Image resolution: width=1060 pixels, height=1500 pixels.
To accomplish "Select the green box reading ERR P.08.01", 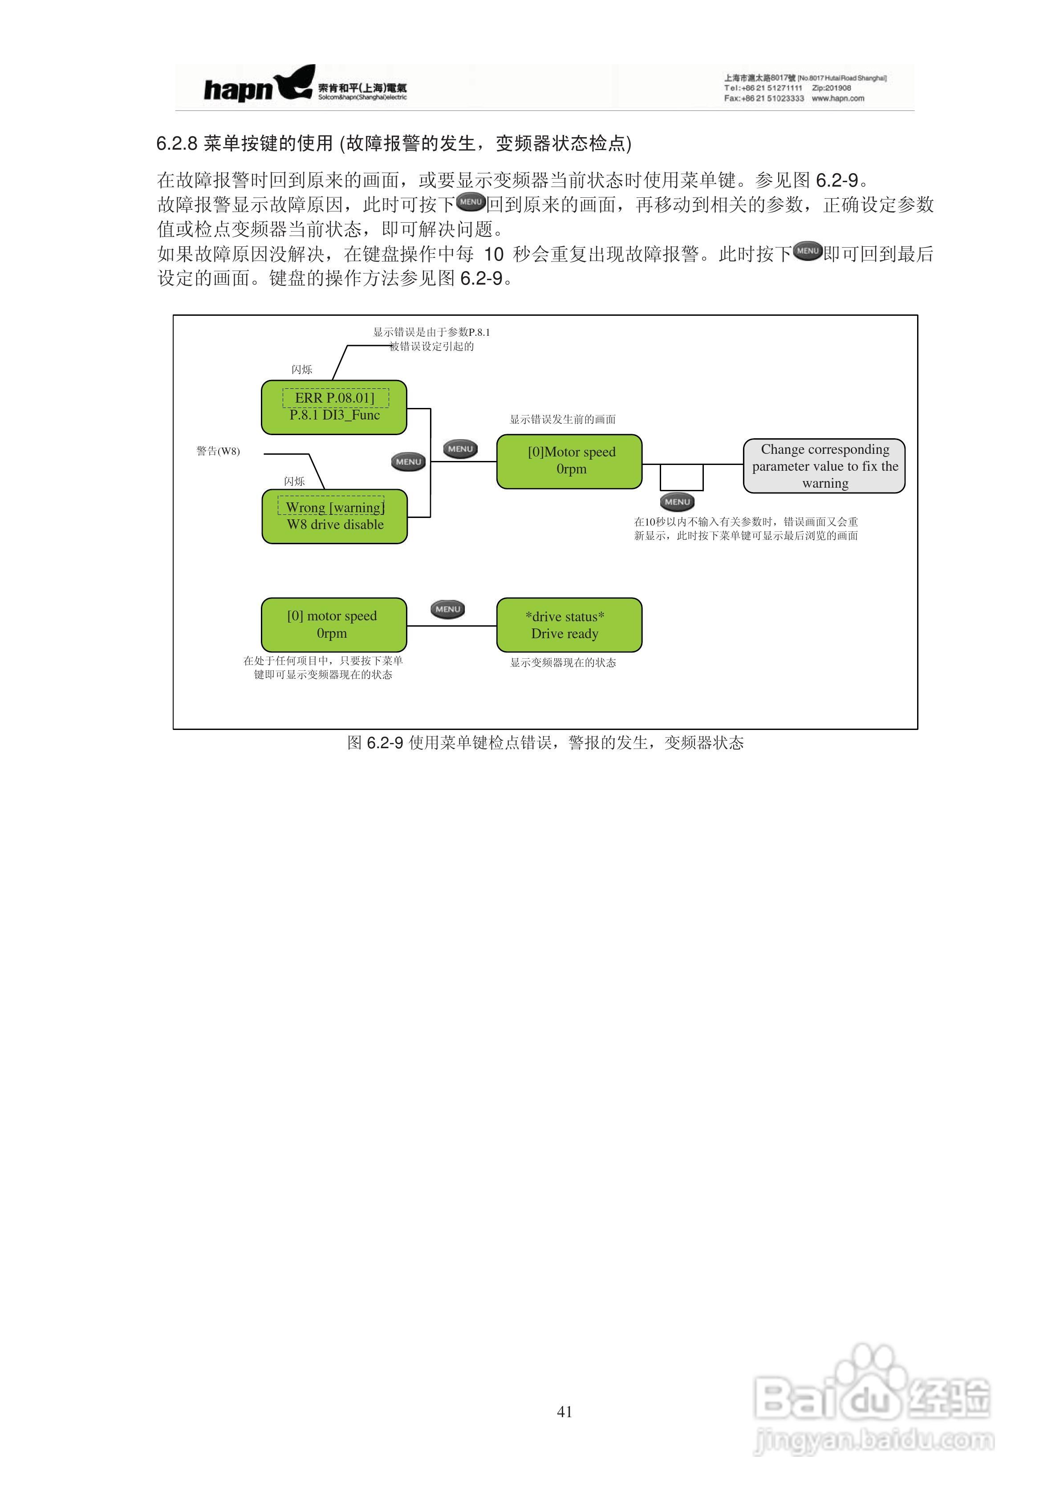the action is coord(334,407).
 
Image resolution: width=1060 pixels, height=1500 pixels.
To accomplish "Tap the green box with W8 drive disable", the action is coord(334,516).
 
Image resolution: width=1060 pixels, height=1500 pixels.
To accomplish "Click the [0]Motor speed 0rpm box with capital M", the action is coord(569,461).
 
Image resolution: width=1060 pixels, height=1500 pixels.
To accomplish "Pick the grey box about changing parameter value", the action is coord(824,466).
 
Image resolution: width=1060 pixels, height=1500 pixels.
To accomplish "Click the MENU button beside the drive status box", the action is coord(448,609).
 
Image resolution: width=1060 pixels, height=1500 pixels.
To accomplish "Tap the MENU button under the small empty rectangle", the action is coord(677,502).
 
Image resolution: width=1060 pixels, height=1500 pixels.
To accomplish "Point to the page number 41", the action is coord(565,1411).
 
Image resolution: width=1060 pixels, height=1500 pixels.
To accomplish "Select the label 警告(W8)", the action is coord(218,451).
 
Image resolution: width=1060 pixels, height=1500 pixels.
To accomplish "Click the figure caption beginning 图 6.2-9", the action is coord(545,743).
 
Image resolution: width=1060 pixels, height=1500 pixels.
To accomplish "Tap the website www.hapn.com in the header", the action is coord(838,99).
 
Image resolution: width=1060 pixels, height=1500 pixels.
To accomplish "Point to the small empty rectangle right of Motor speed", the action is coord(681,477).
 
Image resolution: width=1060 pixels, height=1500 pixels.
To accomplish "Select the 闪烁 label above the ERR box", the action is coord(302,370).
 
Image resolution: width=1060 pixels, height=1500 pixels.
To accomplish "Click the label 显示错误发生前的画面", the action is coord(562,420).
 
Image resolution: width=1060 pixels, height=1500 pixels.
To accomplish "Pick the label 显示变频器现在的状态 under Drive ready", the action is coord(562,662).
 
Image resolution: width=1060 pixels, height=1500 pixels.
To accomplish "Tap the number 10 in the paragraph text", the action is coord(493,254).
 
